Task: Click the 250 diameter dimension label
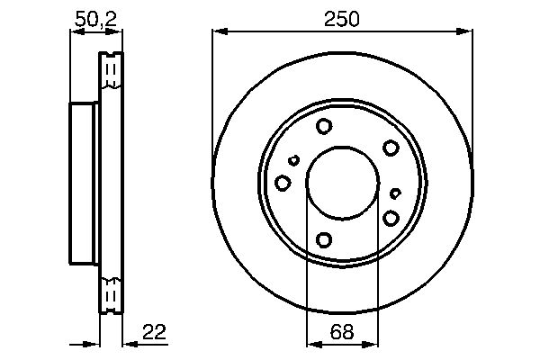(x=342, y=19)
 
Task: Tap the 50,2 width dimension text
(x=95, y=19)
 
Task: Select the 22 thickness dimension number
(x=153, y=333)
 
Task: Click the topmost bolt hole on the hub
(x=324, y=127)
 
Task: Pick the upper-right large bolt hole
(x=390, y=148)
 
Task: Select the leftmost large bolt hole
(x=283, y=184)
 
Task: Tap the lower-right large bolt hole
(x=391, y=218)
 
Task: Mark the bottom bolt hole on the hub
(x=324, y=239)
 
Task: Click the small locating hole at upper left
(x=293, y=161)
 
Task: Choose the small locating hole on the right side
(x=396, y=193)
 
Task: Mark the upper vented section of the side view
(x=111, y=71)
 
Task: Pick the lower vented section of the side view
(x=111, y=294)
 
